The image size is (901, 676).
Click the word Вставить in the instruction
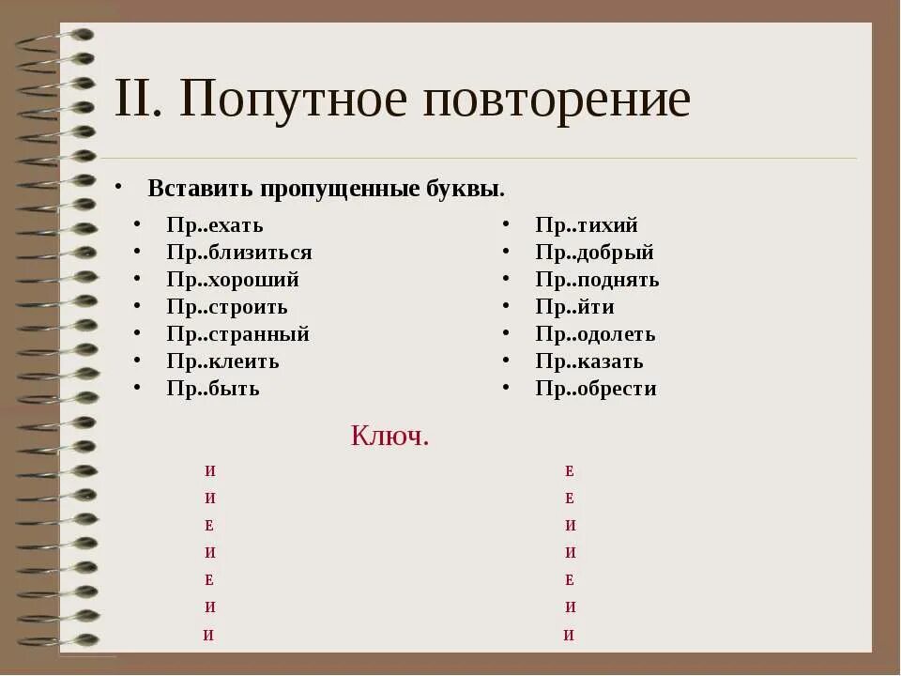pyautogui.click(x=201, y=189)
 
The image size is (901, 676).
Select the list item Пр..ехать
pyautogui.click(x=215, y=225)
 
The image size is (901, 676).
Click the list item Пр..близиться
pyautogui.click(x=239, y=253)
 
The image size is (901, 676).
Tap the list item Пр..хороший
pyautogui.click(x=233, y=280)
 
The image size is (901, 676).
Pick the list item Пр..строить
pyautogui.click(x=227, y=307)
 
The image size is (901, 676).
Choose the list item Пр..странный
pyautogui.click(x=237, y=334)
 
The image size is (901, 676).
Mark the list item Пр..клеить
pyautogui.click(x=222, y=361)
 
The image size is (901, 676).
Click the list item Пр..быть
pyautogui.click(x=213, y=389)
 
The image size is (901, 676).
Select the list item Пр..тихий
pyautogui.click(x=587, y=225)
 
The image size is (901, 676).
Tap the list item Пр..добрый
pyautogui.click(x=595, y=253)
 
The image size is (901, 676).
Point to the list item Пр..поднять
pyautogui.click(x=597, y=280)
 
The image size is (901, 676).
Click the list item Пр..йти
pyautogui.click(x=575, y=307)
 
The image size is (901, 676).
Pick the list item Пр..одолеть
pyautogui.click(x=595, y=334)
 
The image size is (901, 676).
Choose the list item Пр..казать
pyautogui.click(x=589, y=361)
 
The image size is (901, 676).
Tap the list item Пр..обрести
pyautogui.click(x=596, y=389)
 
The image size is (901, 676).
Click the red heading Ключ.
pyautogui.click(x=389, y=436)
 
